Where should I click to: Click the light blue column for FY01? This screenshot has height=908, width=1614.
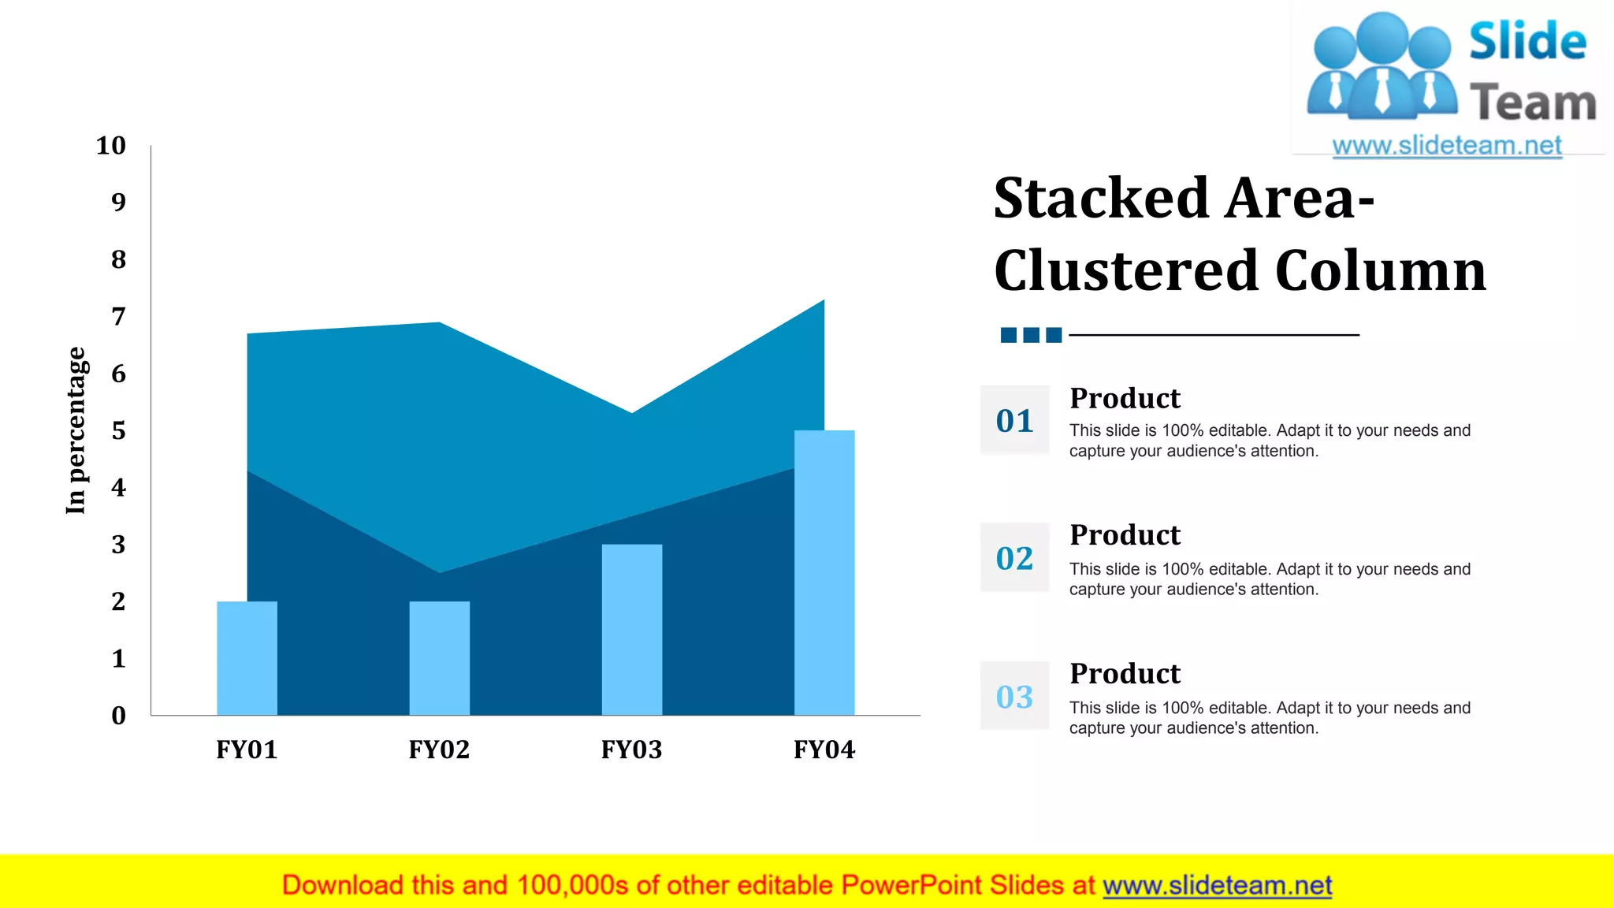pyautogui.click(x=247, y=658)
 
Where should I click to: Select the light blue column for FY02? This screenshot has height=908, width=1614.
pyautogui.click(x=439, y=658)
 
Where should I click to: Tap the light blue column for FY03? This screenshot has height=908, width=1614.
pyautogui.click(x=631, y=631)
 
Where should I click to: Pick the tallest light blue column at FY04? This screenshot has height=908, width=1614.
pyautogui.click(x=824, y=573)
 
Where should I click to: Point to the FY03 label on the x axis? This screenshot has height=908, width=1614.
pyautogui.click(x=631, y=749)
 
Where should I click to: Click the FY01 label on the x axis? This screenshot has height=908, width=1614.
pyautogui.click(x=247, y=749)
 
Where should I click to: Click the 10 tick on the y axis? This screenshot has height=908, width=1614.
pyautogui.click(x=111, y=146)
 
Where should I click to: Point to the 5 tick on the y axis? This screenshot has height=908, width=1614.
pyautogui.click(x=118, y=430)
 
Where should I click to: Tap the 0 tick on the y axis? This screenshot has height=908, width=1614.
pyautogui.click(x=118, y=716)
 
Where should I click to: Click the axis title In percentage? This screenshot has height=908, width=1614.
pyautogui.click(x=76, y=430)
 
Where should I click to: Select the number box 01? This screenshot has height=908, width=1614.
pyautogui.click(x=1014, y=420)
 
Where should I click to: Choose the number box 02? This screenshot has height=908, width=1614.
pyautogui.click(x=1014, y=558)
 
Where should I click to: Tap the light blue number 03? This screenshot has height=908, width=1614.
pyautogui.click(x=1014, y=697)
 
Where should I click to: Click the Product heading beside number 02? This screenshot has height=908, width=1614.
pyautogui.click(x=1125, y=535)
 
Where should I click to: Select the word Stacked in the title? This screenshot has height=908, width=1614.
pyautogui.click(x=1100, y=198)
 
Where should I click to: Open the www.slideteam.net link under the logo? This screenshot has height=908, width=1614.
pyautogui.click(x=1446, y=146)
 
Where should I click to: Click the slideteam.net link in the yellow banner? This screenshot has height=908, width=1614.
pyautogui.click(x=1217, y=886)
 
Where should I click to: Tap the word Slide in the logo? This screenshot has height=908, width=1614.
pyautogui.click(x=1527, y=41)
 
